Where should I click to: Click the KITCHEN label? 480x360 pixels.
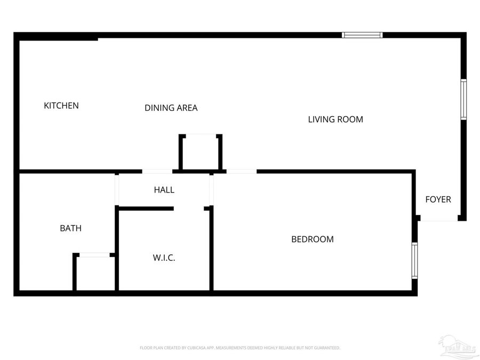(x=61, y=106)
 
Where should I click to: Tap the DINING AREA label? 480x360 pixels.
(x=171, y=108)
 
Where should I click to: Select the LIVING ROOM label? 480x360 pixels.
(x=335, y=119)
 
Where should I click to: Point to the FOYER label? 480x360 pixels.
(x=438, y=199)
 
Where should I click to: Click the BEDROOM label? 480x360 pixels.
(x=312, y=239)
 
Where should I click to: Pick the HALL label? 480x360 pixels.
(x=164, y=190)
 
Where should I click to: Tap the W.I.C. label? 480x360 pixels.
(x=164, y=258)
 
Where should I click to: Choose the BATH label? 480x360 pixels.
(x=70, y=228)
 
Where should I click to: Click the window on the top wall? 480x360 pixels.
(x=363, y=35)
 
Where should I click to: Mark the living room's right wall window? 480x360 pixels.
(x=463, y=99)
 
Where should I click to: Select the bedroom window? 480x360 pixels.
(x=414, y=261)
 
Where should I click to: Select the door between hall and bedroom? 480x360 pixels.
(x=211, y=189)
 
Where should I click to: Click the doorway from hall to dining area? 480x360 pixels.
(x=157, y=171)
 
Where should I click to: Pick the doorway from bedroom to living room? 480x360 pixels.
(x=241, y=171)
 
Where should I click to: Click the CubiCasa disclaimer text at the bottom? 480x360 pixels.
(x=239, y=348)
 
